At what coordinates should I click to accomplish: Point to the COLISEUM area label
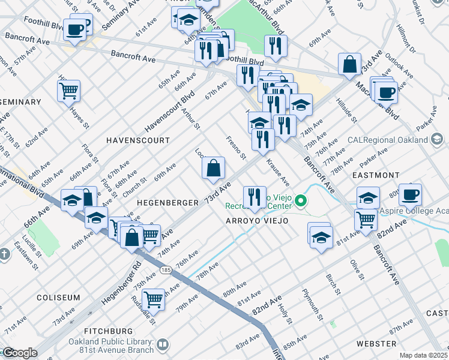point(58,298)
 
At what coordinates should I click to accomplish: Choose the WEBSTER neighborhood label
point(376,344)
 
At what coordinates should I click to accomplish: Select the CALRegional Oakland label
point(389,140)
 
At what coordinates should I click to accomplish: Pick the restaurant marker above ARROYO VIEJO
point(255,197)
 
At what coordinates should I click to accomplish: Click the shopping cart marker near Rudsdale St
point(154,298)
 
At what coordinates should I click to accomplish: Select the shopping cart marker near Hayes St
point(69,91)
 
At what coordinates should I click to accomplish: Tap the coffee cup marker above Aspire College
point(411,194)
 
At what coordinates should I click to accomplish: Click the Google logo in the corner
point(19,353)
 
